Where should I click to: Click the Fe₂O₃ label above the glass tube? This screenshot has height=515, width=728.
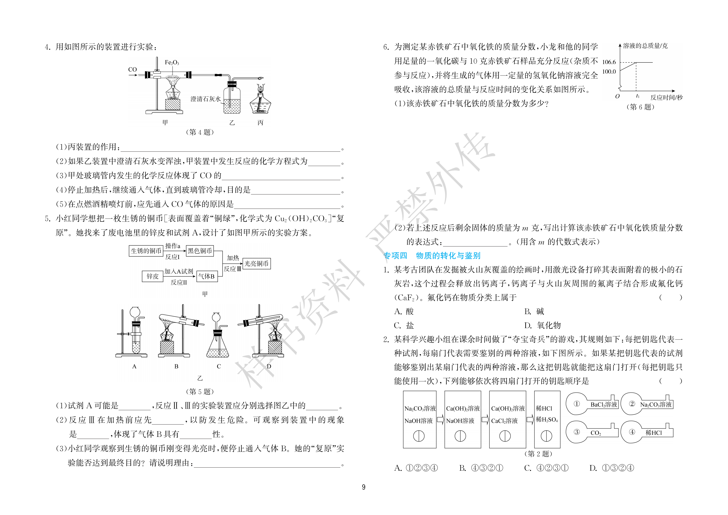(x=172, y=63)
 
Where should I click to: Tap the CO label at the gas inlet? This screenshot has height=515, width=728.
(x=133, y=69)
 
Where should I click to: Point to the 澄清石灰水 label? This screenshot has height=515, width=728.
(x=205, y=99)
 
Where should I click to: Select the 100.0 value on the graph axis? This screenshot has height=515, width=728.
(x=609, y=72)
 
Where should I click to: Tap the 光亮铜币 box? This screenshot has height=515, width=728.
(x=257, y=264)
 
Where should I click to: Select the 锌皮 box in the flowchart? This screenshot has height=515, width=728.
(x=153, y=276)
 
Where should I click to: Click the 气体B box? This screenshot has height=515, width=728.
(x=206, y=276)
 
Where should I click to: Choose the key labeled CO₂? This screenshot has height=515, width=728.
(x=592, y=432)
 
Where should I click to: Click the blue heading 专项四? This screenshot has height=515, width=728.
(x=395, y=256)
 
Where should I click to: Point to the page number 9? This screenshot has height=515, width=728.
(x=364, y=487)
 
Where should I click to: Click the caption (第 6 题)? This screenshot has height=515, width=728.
(x=640, y=107)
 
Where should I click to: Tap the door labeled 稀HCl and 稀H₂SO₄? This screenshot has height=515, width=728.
(x=547, y=419)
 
